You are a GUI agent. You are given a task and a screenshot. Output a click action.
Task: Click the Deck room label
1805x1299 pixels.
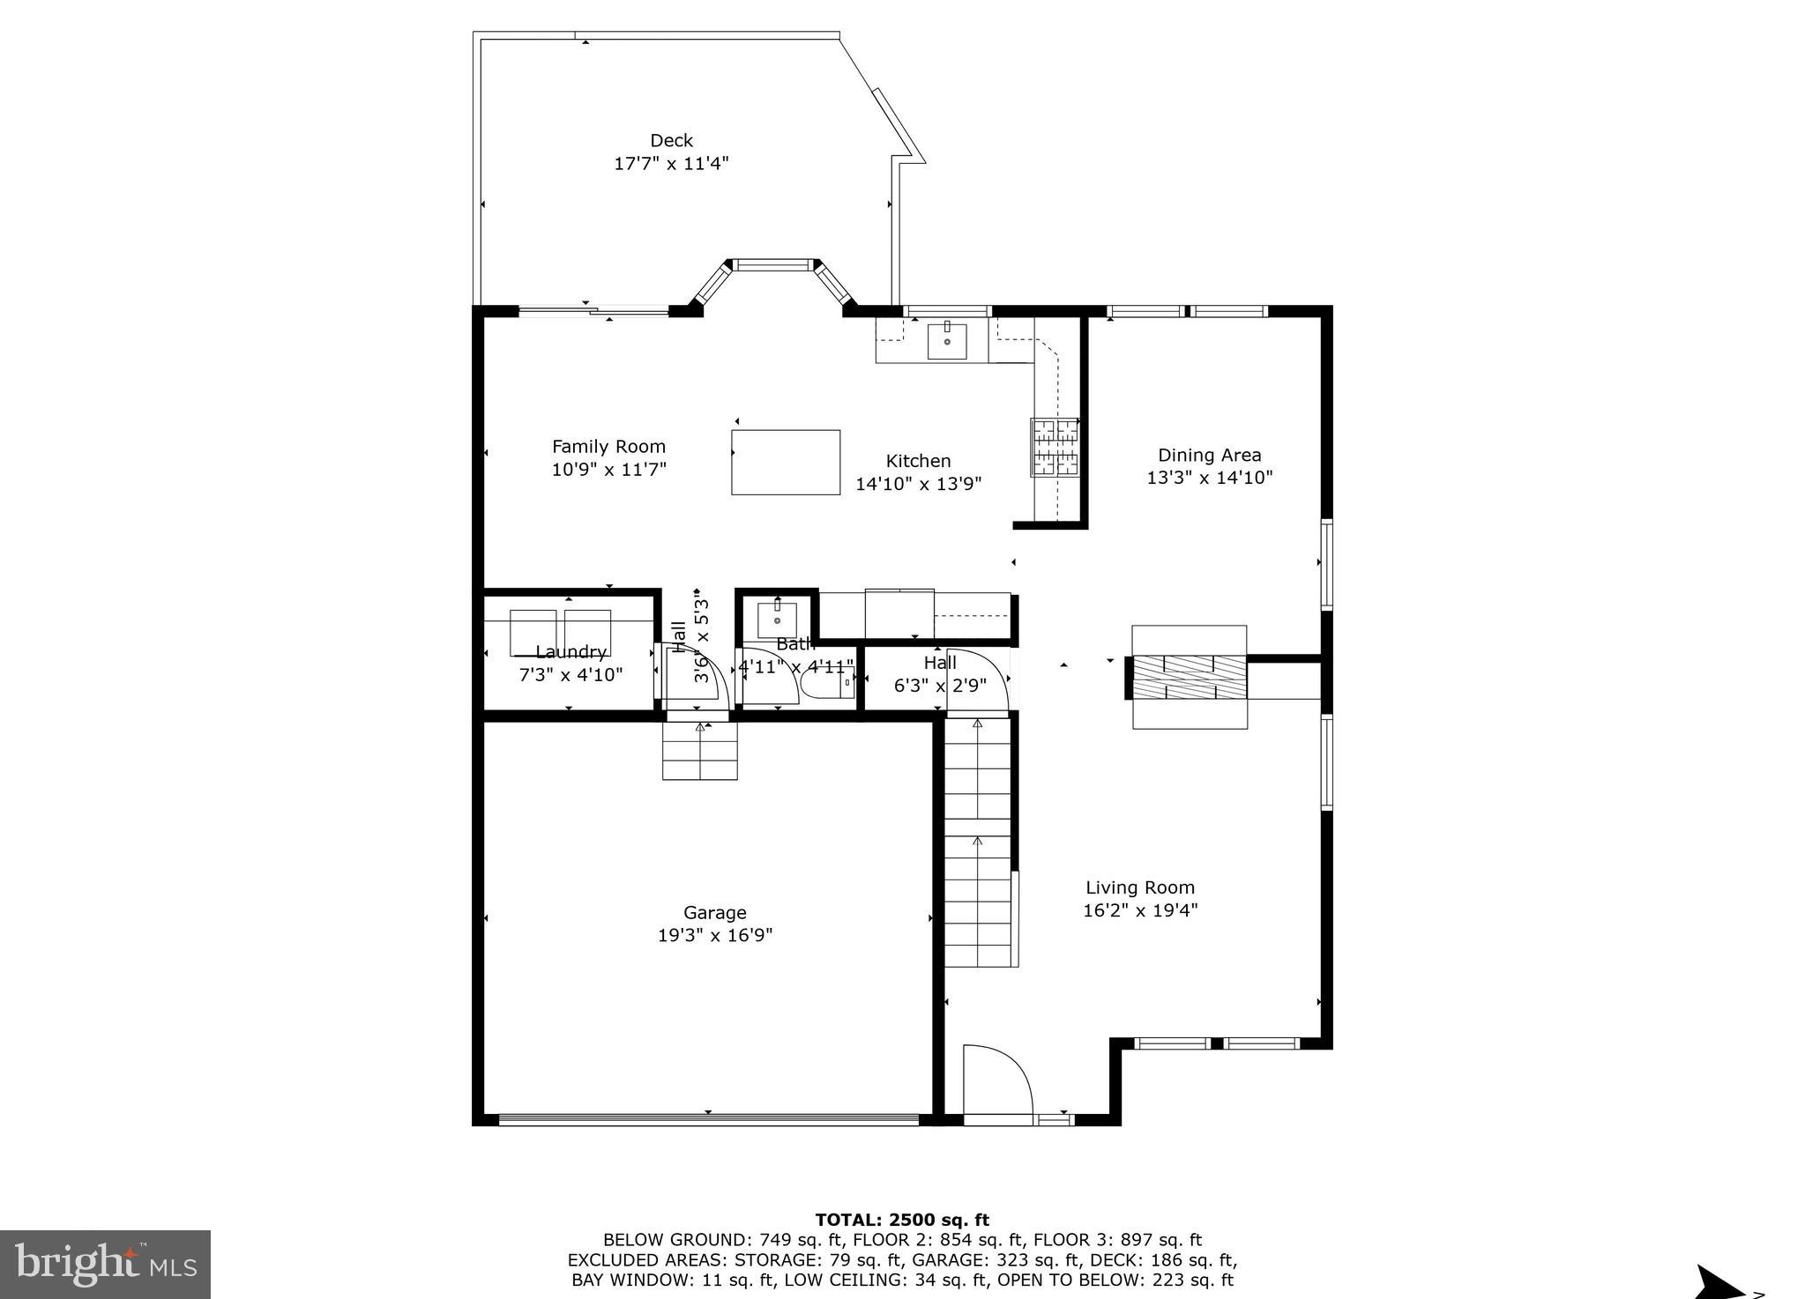pos(671,141)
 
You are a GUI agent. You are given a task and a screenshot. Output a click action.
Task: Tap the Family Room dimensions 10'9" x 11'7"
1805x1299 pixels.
pos(608,470)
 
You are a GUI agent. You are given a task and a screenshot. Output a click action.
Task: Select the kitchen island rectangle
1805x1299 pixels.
pos(785,462)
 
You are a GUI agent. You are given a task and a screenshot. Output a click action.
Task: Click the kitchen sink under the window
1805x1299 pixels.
pos(946,341)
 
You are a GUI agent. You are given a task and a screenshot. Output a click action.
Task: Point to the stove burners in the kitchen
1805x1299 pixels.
pos(1055,446)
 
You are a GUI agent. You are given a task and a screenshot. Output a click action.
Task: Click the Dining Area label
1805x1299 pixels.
pos(1209,456)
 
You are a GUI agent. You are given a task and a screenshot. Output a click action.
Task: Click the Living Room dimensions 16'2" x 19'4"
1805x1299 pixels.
pos(1139,910)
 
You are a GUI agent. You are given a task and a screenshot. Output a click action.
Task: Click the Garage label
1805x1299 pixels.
pos(714,913)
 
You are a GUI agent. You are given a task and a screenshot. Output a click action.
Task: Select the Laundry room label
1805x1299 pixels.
pos(571,652)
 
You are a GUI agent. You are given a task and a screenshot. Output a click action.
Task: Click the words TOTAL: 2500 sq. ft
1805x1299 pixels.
pos(901,1221)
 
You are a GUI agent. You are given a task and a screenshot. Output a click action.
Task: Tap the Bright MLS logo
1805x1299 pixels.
pos(105,1265)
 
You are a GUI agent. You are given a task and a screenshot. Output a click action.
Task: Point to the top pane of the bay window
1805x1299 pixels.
pos(773,264)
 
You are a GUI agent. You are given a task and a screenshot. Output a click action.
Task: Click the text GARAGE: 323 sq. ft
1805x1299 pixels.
pos(978,1260)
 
